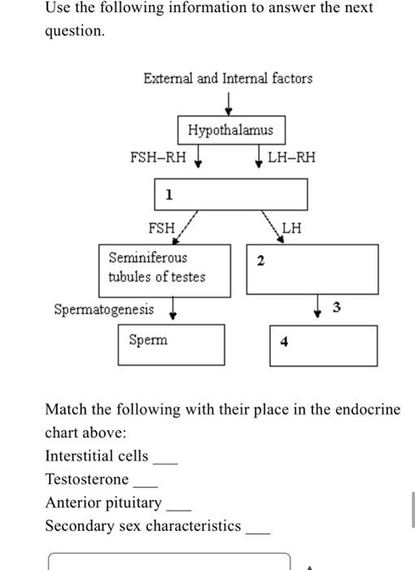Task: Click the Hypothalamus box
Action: click(x=231, y=130)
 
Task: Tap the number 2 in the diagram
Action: click(x=260, y=261)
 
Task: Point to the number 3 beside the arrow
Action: click(x=338, y=307)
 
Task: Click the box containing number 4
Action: click(x=324, y=345)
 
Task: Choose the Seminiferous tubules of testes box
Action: click(x=164, y=269)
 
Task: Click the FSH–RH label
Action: click(x=158, y=157)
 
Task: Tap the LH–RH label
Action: click(x=291, y=157)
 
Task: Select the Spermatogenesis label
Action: click(x=103, y=309)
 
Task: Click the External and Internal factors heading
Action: click(x=228, y=78)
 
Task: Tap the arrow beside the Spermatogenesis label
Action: click(x=173, y=311)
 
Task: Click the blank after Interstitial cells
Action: click(x=165, y=460)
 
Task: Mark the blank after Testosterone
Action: click(x=146, y=484)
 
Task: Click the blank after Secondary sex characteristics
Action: click(x=258, y=530)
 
